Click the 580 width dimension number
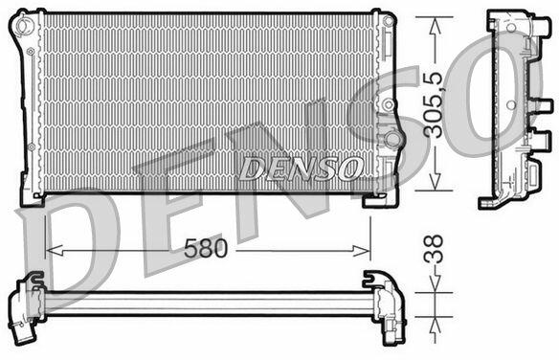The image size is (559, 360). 206,248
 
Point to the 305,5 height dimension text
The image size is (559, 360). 433,104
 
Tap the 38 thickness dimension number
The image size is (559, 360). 434,249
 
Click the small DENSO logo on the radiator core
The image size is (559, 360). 302,169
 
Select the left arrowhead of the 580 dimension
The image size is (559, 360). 55,250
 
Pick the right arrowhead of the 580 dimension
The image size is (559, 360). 362,251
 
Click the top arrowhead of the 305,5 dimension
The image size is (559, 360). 435,26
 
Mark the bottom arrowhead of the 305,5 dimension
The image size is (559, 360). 435,182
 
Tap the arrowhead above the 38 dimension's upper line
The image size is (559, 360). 435,284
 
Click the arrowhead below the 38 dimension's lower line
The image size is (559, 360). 435,326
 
